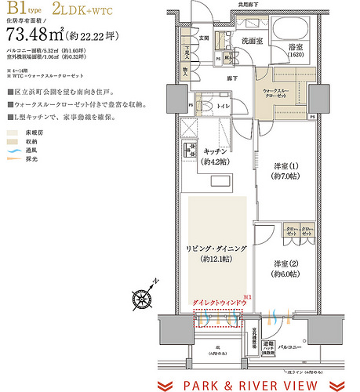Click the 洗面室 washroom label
[x=252, y=40]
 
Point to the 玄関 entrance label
[x=202, y=37]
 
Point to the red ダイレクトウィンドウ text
[x=216, y=301]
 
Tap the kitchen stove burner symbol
[x=188, y=149]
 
